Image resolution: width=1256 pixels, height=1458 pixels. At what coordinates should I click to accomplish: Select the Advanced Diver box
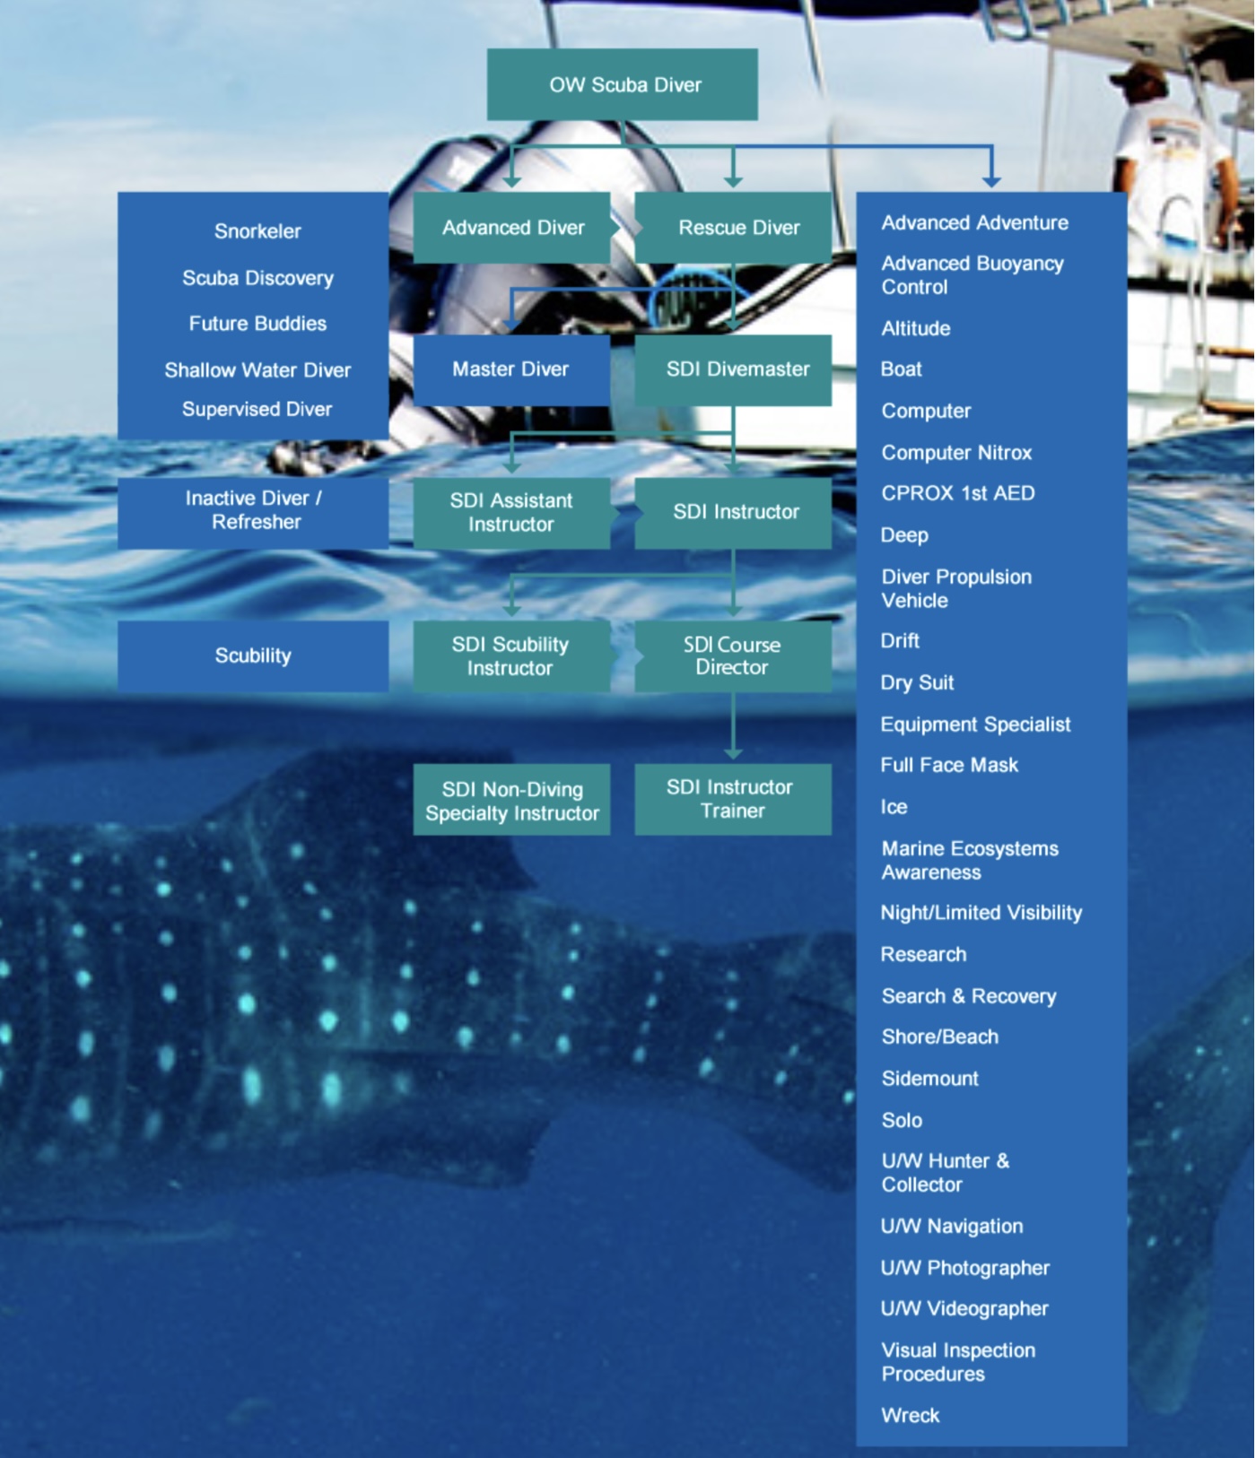click(511, 228)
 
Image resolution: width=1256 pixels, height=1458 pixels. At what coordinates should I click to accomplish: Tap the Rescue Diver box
click(733, 228)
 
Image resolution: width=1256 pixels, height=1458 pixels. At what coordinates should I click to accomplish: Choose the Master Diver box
click(511, 369)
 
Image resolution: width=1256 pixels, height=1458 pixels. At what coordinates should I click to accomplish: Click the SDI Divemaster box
click(733, 369)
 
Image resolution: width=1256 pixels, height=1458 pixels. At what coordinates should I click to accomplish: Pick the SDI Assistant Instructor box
click(511, 513)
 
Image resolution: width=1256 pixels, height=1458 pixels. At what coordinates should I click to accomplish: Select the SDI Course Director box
click(733, 656)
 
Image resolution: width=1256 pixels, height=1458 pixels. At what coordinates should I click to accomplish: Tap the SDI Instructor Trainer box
click(733, 799)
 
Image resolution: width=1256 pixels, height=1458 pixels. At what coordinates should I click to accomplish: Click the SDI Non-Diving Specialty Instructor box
click(511, 801)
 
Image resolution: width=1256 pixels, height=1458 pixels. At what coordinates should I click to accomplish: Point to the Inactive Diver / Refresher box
click(253, 511)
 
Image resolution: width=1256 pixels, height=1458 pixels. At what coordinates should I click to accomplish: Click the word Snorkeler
click(257, 231)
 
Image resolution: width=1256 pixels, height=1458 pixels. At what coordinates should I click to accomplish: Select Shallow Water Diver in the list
click(257, 370)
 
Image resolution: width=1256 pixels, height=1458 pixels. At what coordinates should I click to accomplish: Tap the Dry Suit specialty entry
click(917, 683)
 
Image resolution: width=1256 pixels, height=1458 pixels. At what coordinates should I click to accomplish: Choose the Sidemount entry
click(929, 1079)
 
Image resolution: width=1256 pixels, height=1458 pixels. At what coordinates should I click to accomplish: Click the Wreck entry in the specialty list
click(911, 1416)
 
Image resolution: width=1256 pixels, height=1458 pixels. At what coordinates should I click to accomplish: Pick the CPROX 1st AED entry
click(957, 494)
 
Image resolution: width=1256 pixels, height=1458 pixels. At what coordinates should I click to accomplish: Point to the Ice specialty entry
click(894, 807)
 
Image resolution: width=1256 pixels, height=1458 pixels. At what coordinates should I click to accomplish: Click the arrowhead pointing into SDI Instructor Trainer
click(733, 753)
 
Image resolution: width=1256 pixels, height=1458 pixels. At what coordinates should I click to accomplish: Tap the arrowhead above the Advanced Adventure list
click(991, 180)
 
